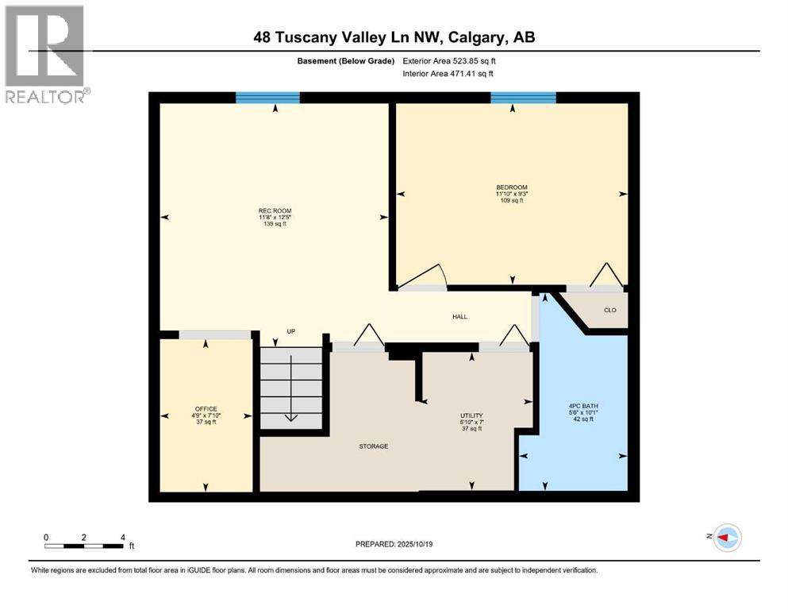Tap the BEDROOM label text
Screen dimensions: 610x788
tap(512, 187)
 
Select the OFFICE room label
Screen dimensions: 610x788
tap(206, 409)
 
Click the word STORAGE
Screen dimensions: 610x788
tap(373, 446)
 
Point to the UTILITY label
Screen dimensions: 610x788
tap(471, 415)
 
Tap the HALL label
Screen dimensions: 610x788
tap(459, 317)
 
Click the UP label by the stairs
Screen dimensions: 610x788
tap(290, 331)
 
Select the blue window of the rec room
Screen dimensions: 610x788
tap(267, 98)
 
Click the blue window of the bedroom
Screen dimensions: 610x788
tap(523, 98)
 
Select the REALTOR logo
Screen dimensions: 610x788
tap(45, 54)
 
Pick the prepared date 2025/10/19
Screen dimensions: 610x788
tap(394, 544)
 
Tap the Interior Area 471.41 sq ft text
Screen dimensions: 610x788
tap(448, 74)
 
